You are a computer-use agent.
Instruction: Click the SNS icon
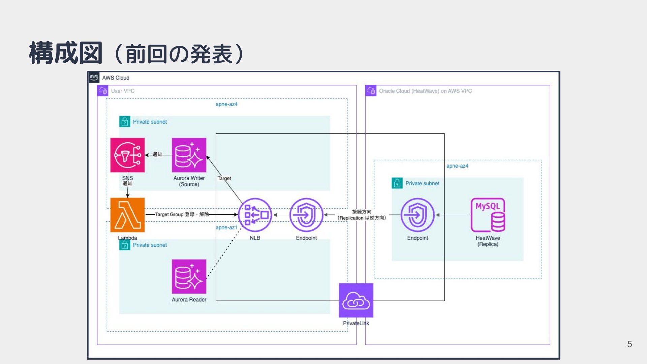127,155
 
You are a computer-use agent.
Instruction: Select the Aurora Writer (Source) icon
189,155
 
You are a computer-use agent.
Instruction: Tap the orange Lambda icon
127,215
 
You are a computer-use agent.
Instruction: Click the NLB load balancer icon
255,215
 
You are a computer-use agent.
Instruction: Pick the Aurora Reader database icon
189,276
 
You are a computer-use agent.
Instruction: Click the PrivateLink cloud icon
356,300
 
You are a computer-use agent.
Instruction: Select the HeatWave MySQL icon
488,215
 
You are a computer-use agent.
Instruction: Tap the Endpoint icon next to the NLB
306,215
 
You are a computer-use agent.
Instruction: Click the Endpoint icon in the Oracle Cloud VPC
418,215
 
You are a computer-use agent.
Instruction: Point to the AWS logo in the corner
94,77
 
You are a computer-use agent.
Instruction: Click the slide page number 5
629,344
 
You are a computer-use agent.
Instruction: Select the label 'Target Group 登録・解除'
182,214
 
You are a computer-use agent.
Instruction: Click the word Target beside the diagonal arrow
224,178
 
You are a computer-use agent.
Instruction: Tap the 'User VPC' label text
123,91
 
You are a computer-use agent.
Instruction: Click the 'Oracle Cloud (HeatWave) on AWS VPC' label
425,91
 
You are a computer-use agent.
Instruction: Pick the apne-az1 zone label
226,227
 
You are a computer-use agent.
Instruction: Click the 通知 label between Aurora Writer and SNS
157,155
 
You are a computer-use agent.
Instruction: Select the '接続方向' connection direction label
362,212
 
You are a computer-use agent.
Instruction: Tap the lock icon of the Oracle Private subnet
397,183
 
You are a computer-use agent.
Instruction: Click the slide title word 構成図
66,53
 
